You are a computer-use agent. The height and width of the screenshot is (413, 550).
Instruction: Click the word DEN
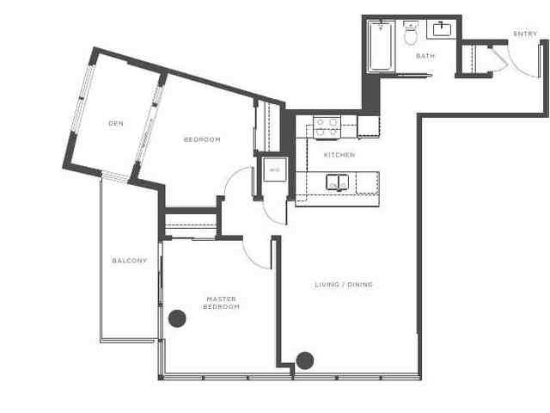click(x=116, y=124)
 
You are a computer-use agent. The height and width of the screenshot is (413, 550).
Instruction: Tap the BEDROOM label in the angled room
click(x=202, y=139)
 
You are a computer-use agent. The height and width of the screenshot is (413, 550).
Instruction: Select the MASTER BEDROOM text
click(x=222, y=302)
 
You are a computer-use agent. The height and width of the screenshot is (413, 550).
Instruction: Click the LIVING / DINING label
click(x=343, y=285)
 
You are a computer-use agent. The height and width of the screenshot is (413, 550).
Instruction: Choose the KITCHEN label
click(x=339, y=155)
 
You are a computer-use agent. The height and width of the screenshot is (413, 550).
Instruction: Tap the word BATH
click(x=425, y=56)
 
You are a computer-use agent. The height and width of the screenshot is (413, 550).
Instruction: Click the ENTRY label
click(x=524, y=34)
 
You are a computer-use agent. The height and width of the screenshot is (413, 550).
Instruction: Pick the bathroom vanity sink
click(x=443, y=32)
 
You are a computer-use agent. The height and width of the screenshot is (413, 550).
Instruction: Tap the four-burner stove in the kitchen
click(x=326, y=127)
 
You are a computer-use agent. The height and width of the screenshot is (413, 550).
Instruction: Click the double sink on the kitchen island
click(x=336, y=182)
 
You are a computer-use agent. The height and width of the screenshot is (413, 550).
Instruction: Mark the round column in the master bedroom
click(x=177, y=318)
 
